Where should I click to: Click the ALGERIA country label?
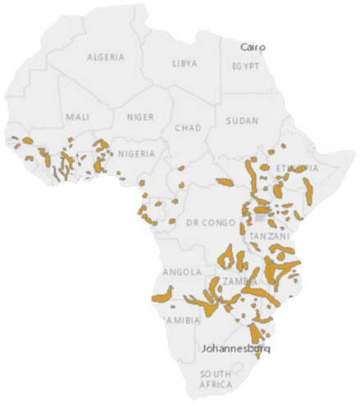pyautogui.click(x=107, y=57)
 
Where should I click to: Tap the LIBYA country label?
pyautogui.click(x=185, y=63)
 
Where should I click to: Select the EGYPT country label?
pyautogui.click(x=245, y=65)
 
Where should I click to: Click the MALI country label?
pyautogui.click(x=78, y=117)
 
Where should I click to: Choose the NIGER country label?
pyautogui.click(x=139, y=117)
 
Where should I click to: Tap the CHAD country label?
pyautogui.click(x=188, y=129)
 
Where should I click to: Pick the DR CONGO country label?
pyautogui.click(x=205, y=223)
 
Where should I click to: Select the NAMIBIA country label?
pyautogui.click(x=181, y=320)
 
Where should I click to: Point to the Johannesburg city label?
pyautogui.click(x=235, y=347)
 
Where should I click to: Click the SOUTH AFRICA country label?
pyautogui.click(x=216, y=379)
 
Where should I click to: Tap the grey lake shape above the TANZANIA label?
pyautogui.click(x=261, y=217)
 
